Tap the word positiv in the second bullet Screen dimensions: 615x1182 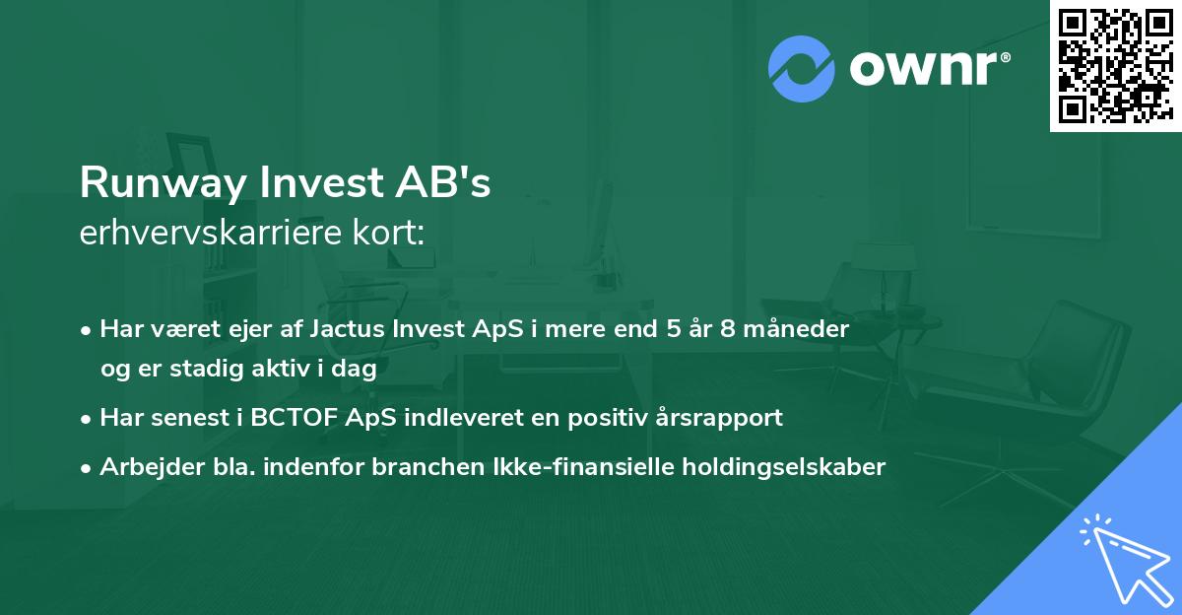(x=616, y=417)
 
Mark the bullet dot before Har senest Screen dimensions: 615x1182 (x=88, y=418)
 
